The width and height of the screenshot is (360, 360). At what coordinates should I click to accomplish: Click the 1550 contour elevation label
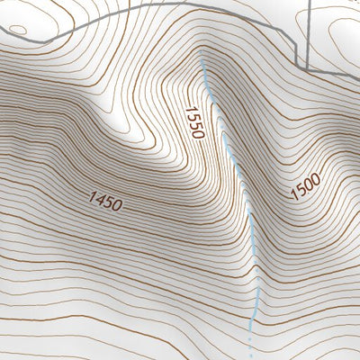[194, 122]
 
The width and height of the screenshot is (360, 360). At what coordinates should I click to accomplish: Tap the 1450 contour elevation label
[105, 202]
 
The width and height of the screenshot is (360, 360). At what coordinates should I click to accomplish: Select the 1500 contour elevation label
[305, 187]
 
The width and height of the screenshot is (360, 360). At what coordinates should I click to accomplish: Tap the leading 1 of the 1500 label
[294, 196]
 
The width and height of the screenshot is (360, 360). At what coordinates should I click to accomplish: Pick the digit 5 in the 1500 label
[301, 191]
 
